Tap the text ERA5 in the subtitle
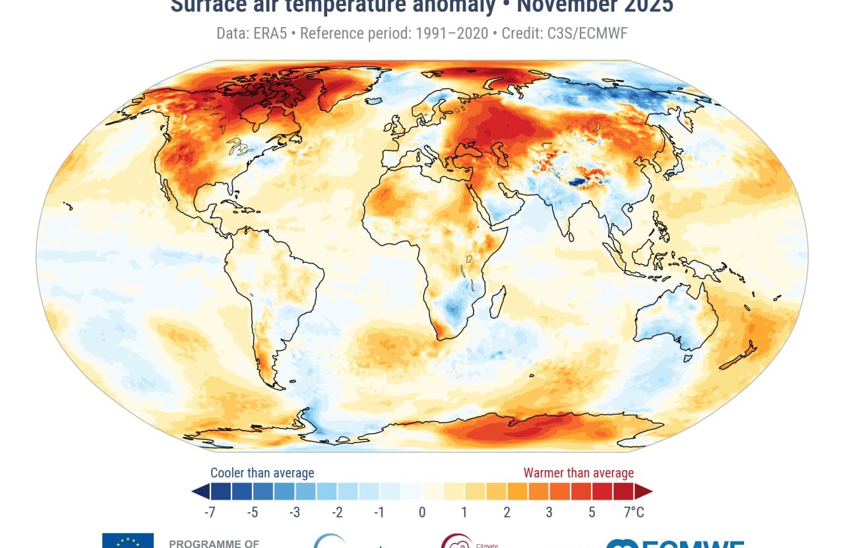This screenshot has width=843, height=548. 270,33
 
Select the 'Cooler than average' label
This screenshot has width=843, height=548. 262,473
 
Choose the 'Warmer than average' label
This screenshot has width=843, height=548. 578,473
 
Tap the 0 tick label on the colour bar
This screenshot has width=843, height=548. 422,512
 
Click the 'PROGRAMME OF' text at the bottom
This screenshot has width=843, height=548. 214,544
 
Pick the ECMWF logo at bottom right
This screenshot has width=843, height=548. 676,543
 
